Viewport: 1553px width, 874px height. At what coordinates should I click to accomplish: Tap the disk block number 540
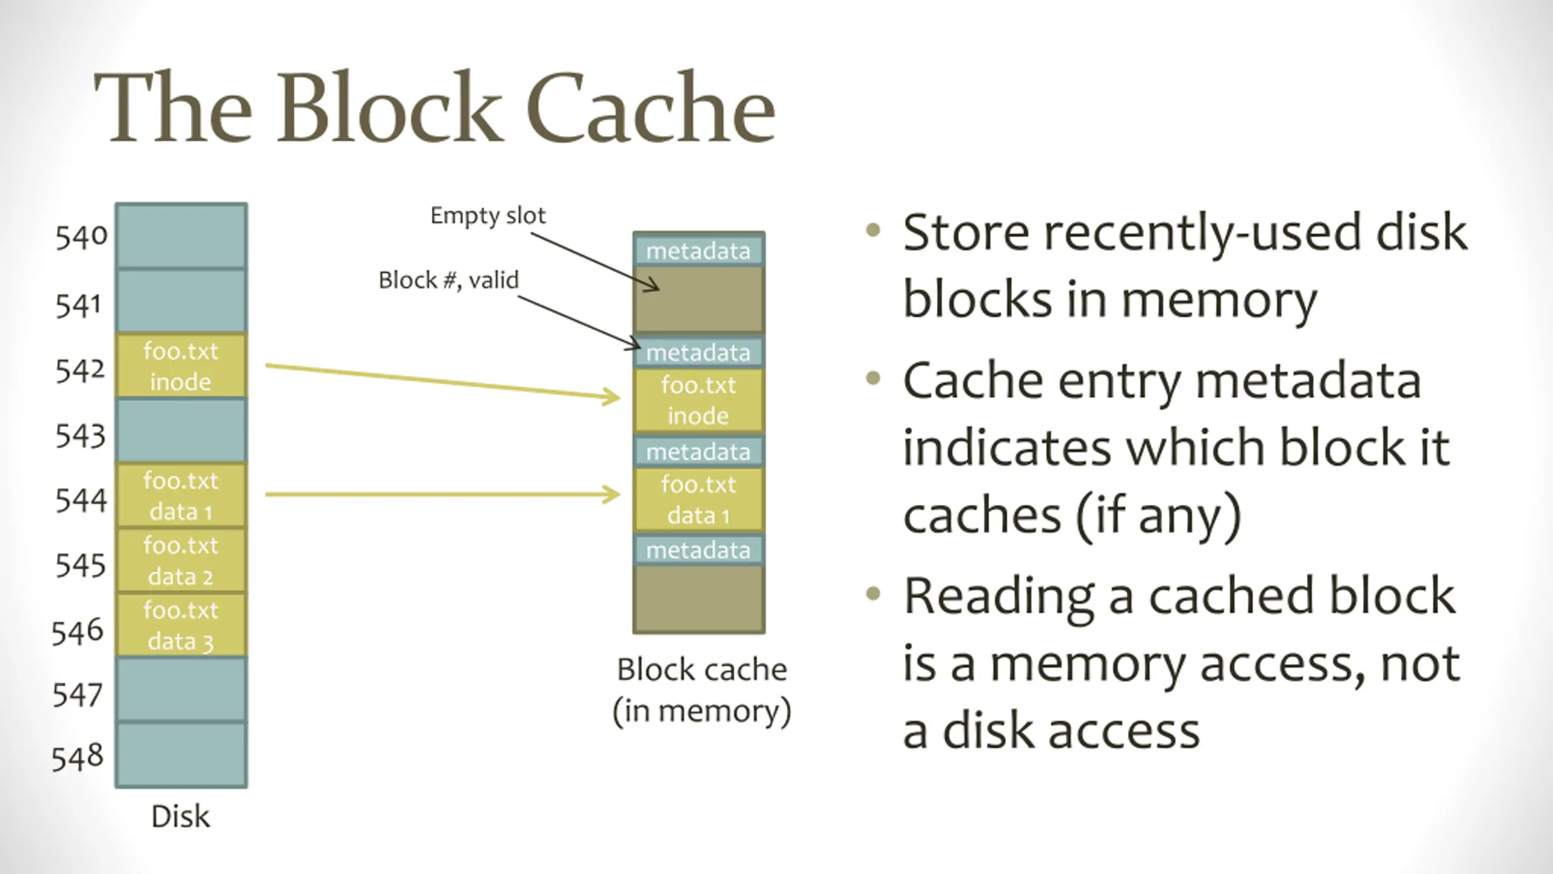point(81,237)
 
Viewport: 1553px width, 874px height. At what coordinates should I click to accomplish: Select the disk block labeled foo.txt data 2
point(181,560)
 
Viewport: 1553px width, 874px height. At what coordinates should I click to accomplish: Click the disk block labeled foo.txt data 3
point(181,625)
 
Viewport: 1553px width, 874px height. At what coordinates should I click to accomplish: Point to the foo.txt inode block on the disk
point(181,366)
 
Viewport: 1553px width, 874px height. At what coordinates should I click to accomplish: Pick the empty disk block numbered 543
point(181,430)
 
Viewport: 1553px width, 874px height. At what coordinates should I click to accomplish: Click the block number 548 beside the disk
point(78,757)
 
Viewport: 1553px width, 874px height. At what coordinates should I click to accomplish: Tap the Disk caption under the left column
point(180,816)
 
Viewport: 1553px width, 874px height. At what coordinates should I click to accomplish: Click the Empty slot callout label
point(488,215)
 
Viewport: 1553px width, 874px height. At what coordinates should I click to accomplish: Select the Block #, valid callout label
point(448,280)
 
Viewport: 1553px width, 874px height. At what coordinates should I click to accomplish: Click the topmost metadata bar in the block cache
point(698,251)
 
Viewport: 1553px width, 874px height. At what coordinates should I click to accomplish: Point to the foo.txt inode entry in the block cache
point(698,400)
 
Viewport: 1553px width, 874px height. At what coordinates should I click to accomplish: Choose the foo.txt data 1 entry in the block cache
point(698,500)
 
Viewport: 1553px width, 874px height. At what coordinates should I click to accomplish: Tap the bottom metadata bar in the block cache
point(698,550)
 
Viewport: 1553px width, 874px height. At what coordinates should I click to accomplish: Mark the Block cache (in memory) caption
point(702,690)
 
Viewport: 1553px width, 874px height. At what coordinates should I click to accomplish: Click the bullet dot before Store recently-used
point(873,231)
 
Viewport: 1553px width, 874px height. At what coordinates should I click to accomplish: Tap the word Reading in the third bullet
point(999,596)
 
